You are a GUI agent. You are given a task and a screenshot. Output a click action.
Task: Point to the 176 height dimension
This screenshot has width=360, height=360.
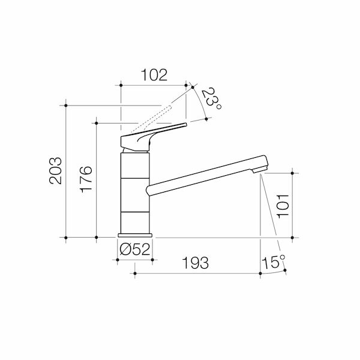86,178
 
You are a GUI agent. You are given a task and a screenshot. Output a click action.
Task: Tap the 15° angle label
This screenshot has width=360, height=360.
274,262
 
